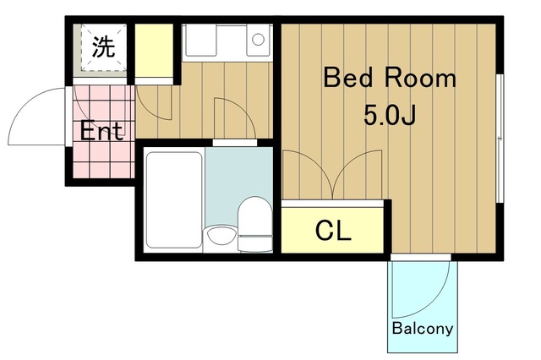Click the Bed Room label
390,79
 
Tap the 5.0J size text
390,116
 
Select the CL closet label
333,231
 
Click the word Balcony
423,328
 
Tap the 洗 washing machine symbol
103,47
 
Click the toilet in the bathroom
255,224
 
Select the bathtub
174,200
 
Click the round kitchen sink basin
258,40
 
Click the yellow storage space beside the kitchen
154,51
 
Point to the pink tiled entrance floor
103,132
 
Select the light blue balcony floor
423,306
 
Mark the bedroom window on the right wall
500,139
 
